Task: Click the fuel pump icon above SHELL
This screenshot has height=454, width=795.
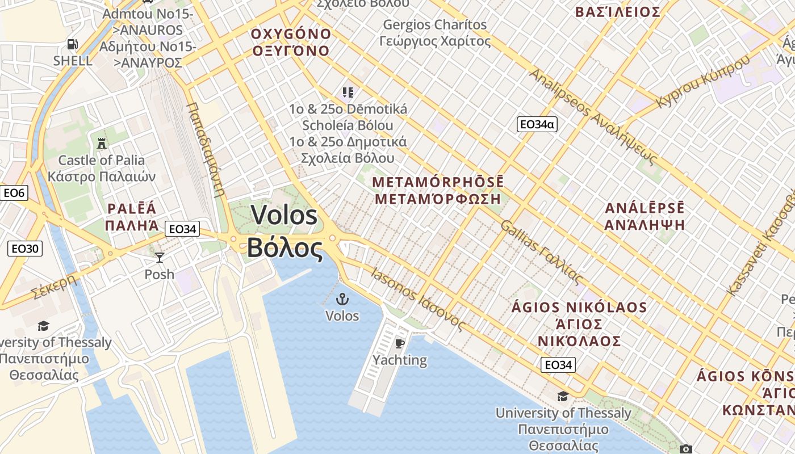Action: pos(73,44)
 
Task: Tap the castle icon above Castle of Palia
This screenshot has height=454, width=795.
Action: pos(102,143)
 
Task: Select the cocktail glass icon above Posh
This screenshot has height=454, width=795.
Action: pos(160,257)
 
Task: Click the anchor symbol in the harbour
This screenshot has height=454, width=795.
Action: pos(342,299)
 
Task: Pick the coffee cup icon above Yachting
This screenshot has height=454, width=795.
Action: pos(399,343)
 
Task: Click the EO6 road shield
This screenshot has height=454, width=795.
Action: pos(14,193)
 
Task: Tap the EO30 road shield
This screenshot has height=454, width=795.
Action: pos(25,249)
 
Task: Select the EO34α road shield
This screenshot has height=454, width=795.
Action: pos(537,124)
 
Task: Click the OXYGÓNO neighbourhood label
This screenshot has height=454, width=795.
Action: pos(291,34)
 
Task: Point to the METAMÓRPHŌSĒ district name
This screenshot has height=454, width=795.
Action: pos(438,183)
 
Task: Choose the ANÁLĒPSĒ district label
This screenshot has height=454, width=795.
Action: pos(645,208)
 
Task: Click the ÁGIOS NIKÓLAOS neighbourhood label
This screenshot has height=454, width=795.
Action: pos(579,308)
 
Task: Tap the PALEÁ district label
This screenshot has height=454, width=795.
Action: pos(131,208)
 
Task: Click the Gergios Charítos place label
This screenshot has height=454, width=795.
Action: pos(435,25)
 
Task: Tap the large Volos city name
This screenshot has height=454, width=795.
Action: pos(284,216)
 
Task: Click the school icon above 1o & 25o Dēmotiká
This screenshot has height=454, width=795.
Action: pos(348,92)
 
